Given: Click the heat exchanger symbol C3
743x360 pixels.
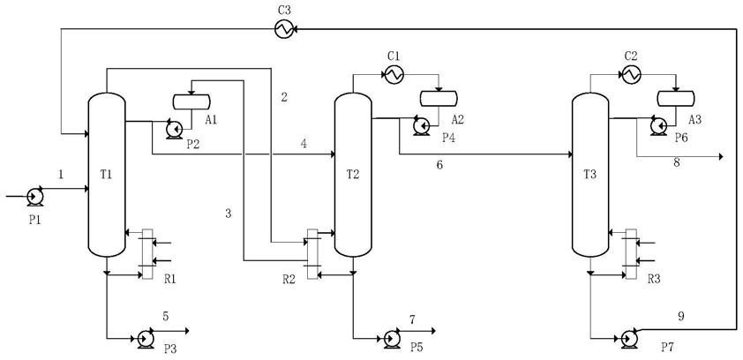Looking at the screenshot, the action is click(284, 29).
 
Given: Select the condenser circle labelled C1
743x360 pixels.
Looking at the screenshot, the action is click(394, 74).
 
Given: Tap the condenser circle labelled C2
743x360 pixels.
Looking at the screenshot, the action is click(631, 74).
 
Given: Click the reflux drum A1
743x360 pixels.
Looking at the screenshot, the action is click(191, 101).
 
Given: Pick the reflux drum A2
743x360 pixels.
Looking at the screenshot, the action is click(439, 98).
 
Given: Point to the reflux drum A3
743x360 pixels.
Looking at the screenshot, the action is click(676, 98).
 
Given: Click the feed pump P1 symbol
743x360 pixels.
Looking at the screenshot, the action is click(34, 197).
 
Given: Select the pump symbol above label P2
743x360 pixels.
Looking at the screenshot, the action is click(174, 129).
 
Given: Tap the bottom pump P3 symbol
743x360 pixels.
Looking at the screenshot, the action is click(145, 339).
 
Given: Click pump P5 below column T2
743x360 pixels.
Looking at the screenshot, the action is click(392, 339).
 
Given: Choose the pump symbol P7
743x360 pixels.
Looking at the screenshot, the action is click(629, 339).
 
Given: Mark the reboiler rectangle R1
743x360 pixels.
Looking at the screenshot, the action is click(147, 254).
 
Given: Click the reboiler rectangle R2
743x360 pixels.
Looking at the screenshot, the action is click(312, 254).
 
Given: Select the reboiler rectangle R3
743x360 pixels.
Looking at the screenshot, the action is click(631, 254).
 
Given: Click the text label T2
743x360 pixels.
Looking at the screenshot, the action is click(353, 175).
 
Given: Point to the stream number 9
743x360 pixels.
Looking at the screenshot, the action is click(681, 317).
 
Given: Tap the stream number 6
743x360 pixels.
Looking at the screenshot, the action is click(439, 166).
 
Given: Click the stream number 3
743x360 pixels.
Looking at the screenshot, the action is click(229, 214).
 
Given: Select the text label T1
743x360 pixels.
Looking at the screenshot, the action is click(106, 175).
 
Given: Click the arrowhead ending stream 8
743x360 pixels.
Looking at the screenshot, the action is click(721, 157).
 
